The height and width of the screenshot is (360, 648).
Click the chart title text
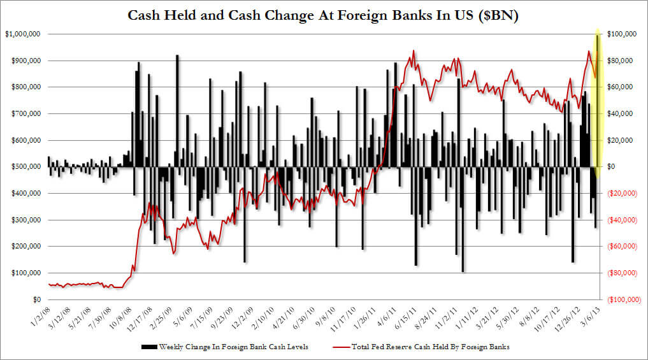pyautogui.click(x=324, y=16)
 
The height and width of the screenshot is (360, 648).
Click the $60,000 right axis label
pyautogui.click(x=622, y=87)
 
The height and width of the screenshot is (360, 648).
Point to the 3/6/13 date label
pyautogui.click(x=589, y=314)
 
